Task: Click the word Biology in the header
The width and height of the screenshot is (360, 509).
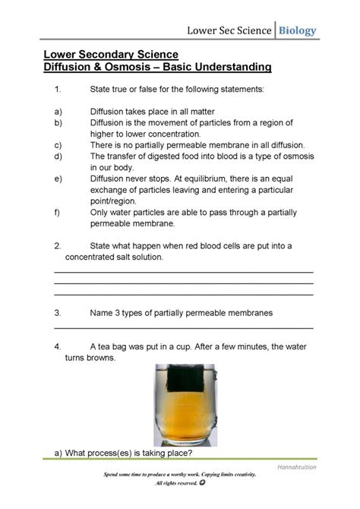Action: tap(297, 30)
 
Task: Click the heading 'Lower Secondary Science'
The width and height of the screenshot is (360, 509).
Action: tap(110, 55)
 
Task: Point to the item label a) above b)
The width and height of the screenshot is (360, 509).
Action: tap(58, 111)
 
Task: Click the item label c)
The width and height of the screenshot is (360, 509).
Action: tap(58, 144)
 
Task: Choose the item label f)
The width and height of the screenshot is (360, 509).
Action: tap(58, 213)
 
